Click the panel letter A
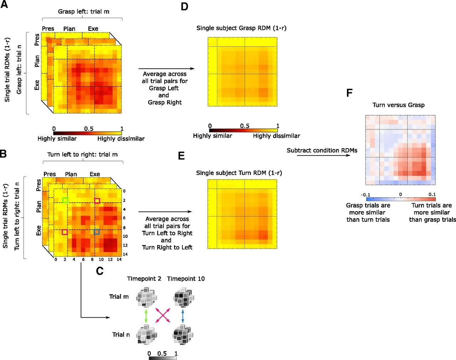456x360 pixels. point(4,5)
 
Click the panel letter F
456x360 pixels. point(349,93)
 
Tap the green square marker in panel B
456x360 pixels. point(65,200)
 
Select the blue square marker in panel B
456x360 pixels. point(97,232)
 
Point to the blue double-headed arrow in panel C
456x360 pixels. point(183,316)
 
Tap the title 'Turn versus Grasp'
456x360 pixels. point(398,105)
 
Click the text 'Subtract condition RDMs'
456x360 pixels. point(322,150)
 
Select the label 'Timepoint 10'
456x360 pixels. point(186,279)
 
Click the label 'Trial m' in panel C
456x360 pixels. point(119,297)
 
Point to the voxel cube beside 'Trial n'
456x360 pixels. point(146,335)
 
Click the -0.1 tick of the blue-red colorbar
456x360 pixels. point(366,195)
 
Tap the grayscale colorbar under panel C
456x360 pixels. point(162,358)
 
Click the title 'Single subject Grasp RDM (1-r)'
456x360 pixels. point(241,28)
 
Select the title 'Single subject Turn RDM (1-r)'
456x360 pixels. point(239,173)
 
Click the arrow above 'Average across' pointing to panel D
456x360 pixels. point(166,68)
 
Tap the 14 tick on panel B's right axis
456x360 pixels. point(125,254)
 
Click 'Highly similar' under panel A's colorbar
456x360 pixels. point(57,139)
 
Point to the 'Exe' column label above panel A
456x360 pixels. point(93,29)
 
